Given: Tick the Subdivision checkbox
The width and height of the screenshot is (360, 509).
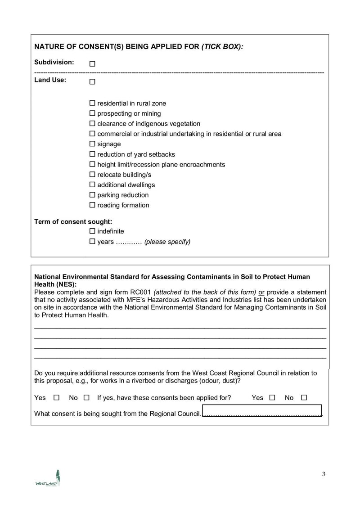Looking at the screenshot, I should [x=92, y=64].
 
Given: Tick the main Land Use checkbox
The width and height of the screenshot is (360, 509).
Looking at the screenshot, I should [x=92, y=82].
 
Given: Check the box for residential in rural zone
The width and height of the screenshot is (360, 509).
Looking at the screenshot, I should [x=93, y=103].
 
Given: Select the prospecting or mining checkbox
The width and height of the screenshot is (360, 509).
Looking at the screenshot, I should [x=93, y=113].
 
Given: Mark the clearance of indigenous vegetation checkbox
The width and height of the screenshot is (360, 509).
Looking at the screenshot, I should [x=93, y=123].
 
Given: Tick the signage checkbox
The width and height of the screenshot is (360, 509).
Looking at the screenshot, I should [x=93, y=144].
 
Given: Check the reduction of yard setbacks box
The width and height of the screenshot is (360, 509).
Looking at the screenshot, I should [x=93, y=154].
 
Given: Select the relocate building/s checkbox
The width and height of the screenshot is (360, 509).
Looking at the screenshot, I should [x=93, y=175].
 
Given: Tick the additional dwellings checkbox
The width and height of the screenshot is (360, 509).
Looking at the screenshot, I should [x=93, y=185].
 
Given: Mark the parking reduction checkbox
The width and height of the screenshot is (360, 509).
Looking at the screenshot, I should [x=93, y=195].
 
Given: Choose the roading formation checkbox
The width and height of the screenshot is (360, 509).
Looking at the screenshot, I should [x=93, y=205].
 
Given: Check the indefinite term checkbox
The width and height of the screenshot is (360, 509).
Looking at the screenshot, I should [x=93, y=231].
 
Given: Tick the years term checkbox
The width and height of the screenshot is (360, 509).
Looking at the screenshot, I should [x=93, y=241].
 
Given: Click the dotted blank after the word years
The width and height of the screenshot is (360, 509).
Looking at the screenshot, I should [x=129, y=242].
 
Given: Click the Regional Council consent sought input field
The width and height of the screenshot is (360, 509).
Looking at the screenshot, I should [x=262, y=411].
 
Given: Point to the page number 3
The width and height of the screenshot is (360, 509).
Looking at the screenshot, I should [x=324, y=474].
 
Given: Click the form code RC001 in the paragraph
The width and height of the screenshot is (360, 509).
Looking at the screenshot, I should [x=142, y=291].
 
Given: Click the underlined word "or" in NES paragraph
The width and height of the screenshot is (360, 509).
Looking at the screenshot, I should [x=261, y=291].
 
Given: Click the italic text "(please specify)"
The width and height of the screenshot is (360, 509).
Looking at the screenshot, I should [x=167, y=242].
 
